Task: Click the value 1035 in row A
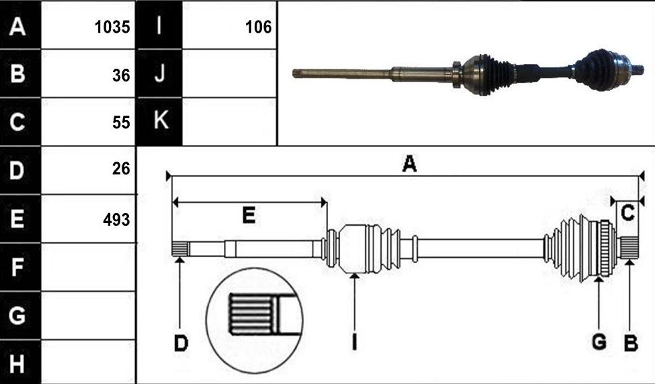(x=112, y=27)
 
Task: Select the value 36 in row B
(x=121, y=75)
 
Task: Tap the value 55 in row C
(x=121, y=122)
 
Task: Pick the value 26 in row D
(x=121, y=168)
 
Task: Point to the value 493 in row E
(x=116, y=220)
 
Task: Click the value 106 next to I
(x=259, y=27)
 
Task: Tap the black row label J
(x=160, y=73)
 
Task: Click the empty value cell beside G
(x=88, y=315)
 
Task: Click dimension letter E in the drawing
(x=249, y=215)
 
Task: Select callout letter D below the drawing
(x=181, y=343)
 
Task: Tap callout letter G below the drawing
(x=600, y=342)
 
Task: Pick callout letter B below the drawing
(x=631, y=343)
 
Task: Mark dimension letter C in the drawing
(x=628, y=213)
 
